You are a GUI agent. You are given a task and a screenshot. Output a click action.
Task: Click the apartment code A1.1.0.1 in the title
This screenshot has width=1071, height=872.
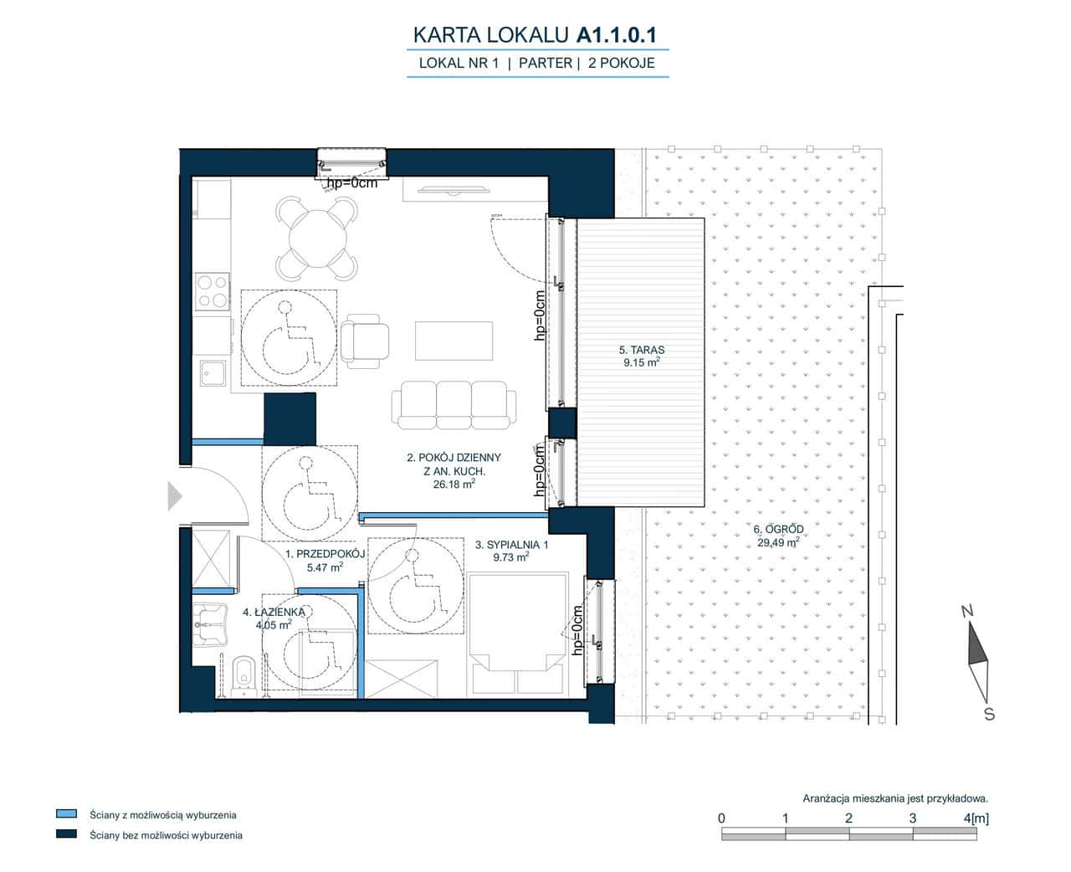pyautogui.click(x=617, y=35)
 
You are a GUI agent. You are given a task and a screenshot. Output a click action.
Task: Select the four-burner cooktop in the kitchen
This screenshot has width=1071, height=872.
pyautogui.click(x=213, y=292)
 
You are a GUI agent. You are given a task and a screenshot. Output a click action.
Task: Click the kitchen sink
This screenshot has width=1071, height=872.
pyautogui.click(x=213, y=373)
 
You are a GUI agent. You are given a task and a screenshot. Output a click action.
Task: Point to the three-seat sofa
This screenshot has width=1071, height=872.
pyautogui.click(x=454, y=405)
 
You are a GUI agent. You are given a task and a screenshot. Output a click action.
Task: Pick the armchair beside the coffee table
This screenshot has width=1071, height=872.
pyautogui.click(x=365, y=341)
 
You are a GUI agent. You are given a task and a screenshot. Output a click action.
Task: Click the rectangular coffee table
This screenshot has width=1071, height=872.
pyautogui.click(x=454, y=341)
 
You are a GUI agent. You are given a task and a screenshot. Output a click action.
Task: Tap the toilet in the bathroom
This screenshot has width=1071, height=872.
pyautogui.click(x=244, y=676)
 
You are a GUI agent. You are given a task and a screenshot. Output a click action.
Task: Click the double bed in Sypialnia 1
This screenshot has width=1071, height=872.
pyautogui.click(x=517, y=634)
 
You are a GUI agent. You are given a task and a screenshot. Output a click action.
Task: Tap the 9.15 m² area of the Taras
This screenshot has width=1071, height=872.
pyautogui.click(x=642, y=362)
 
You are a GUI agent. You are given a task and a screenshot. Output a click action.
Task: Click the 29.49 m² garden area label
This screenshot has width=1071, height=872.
pyautogui.click(x=778, y=542)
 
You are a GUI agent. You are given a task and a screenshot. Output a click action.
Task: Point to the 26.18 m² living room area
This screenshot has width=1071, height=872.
pyautogui.click(x=454, y=485)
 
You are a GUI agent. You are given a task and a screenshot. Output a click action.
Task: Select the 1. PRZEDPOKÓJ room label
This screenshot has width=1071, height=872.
pyautogui.click(x=325, y=554)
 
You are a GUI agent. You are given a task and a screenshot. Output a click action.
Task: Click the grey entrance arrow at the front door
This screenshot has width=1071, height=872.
pyautogui.click(x=175, y=496)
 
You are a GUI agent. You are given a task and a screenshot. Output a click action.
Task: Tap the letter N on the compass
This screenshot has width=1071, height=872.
pyautogui.click(x=967, y=612)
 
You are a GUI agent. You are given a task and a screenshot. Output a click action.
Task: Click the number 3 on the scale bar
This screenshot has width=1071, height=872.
pyautogui.click(x=912, y=818)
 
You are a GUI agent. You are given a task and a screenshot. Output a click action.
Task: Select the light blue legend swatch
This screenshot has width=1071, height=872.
pyautogui.click(x=66, y=813)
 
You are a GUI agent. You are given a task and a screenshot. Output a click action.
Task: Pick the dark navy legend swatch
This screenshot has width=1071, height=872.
pyautogui.click(x=66, y=834)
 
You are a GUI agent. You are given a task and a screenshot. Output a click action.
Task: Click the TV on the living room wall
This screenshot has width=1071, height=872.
pyautogui.click(x=454, y=190)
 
